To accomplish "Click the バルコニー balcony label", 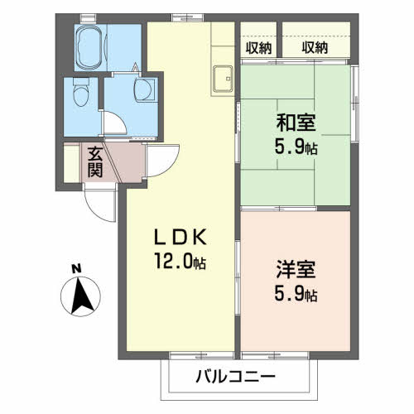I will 236,378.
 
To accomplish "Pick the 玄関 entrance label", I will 95,162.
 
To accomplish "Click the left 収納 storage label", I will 259,48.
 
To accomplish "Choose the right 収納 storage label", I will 315,48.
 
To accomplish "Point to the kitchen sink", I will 223,80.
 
